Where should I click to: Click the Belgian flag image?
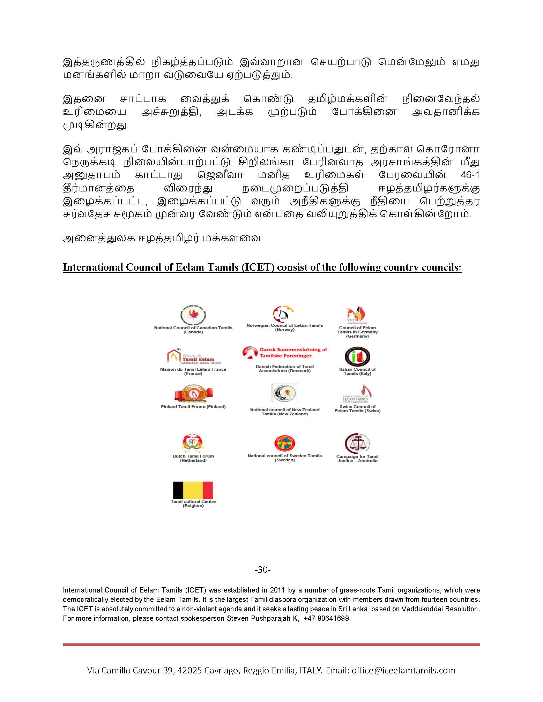pyautogui.click(x=193, y=490)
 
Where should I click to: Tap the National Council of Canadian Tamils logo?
pyautogui.click(x=193, y=315)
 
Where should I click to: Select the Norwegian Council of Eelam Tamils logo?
pyautogui.click(x=283, y=314)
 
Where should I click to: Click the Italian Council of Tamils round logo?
pyautogui.click(x=357, y=357)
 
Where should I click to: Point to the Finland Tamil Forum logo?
pyautogui.click(x=193, y=394)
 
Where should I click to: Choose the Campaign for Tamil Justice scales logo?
pyautogui.click(x=357, y=443)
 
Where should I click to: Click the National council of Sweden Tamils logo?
pyautogui.click(x=285, y=443)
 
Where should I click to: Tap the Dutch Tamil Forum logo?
pyautogui.click(x=193, y=443)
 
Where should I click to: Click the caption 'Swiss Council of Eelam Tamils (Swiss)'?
pyautogui.click(x=357, y=409)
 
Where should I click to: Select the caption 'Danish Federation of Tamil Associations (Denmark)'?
pyautogui.click(x=285, y=369)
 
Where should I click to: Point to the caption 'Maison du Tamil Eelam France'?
pyautogui.click(x=193, y=369)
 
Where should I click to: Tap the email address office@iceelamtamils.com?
pyautogui.click(x=403, y=670)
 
